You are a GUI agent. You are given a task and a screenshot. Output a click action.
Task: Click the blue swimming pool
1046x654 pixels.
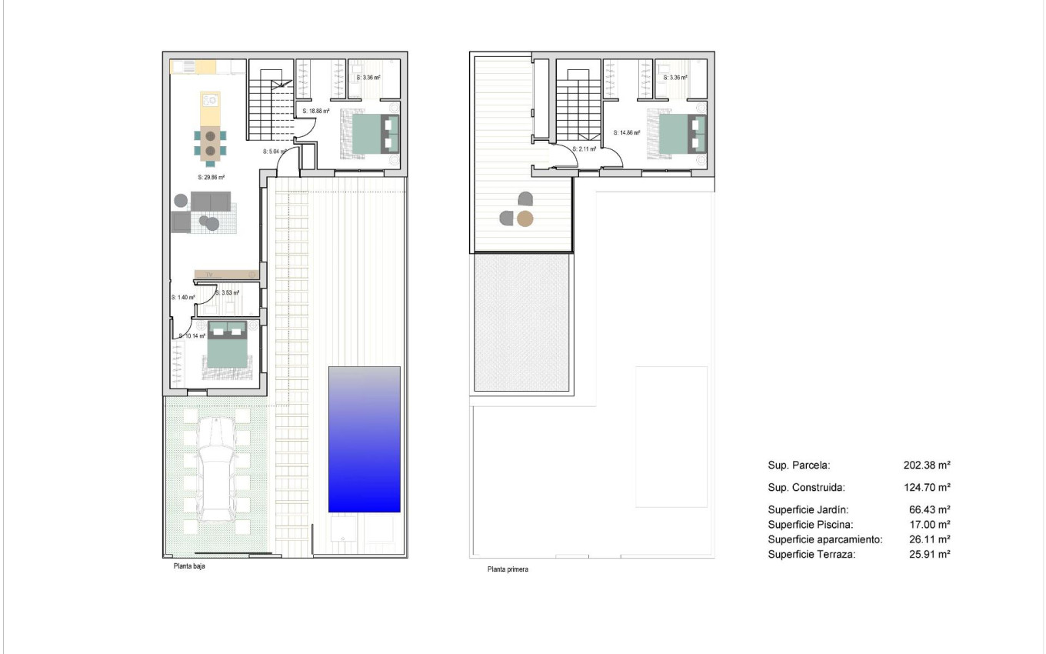(364, 439)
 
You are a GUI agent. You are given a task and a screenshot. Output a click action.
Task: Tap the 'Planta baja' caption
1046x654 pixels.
(189, 566)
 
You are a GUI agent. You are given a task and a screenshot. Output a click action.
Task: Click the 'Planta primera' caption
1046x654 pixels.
(508, 570)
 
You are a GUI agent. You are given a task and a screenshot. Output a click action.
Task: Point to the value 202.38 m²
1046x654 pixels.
(927, 465)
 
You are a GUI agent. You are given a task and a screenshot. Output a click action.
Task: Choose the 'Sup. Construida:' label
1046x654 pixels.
(806, 487)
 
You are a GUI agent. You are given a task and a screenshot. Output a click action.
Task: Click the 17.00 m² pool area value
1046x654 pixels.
(930, 524)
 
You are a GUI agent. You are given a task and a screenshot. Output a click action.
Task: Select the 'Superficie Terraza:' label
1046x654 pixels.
(811, 554)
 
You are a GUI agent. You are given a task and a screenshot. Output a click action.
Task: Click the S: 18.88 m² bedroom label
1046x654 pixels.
(316, 111)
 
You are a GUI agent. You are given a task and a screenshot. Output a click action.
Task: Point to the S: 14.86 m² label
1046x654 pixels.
(627, 132)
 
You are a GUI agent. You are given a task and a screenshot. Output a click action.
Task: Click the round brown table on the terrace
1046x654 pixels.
(525, 219)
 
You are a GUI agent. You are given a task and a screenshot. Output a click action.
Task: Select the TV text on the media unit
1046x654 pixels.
(208, 274)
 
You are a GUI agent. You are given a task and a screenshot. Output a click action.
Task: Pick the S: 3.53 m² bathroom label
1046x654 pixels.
(228, 293)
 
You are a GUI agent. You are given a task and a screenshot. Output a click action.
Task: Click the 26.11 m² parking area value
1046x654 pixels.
(930, 539)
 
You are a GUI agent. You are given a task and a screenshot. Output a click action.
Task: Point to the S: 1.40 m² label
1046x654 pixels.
(182, 297)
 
